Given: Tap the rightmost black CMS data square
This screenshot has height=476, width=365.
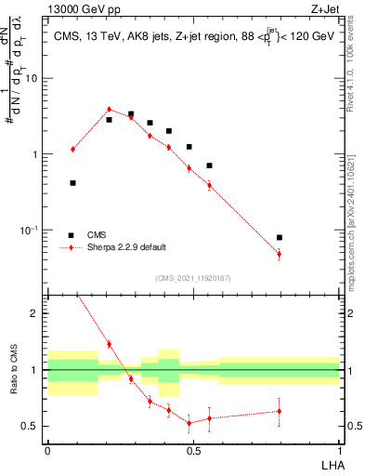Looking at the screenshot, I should coord(280,238).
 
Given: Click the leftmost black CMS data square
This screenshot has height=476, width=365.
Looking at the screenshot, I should coord(72,183).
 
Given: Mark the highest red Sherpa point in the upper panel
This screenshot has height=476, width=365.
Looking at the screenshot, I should coord(109,110).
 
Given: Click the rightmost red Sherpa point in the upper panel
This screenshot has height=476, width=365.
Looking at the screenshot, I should coord(280,254).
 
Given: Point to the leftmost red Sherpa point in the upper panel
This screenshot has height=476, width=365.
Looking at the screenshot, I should coord(72,149).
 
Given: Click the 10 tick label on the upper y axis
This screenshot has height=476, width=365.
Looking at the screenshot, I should coord(32,78).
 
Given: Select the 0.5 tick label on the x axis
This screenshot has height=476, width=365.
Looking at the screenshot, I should coord(193,450).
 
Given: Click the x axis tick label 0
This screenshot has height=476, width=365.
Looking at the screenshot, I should coord(47,450).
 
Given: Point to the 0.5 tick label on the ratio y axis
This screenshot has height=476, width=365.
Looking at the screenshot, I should coord(32,427).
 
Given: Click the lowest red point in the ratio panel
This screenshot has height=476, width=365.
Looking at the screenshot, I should coord(189,423).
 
